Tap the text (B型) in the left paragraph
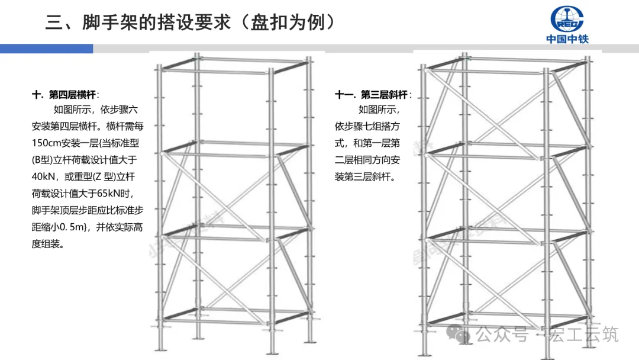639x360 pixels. [43, 159]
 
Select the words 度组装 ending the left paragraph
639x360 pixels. [47, 243]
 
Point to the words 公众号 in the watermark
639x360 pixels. [502, 335]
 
